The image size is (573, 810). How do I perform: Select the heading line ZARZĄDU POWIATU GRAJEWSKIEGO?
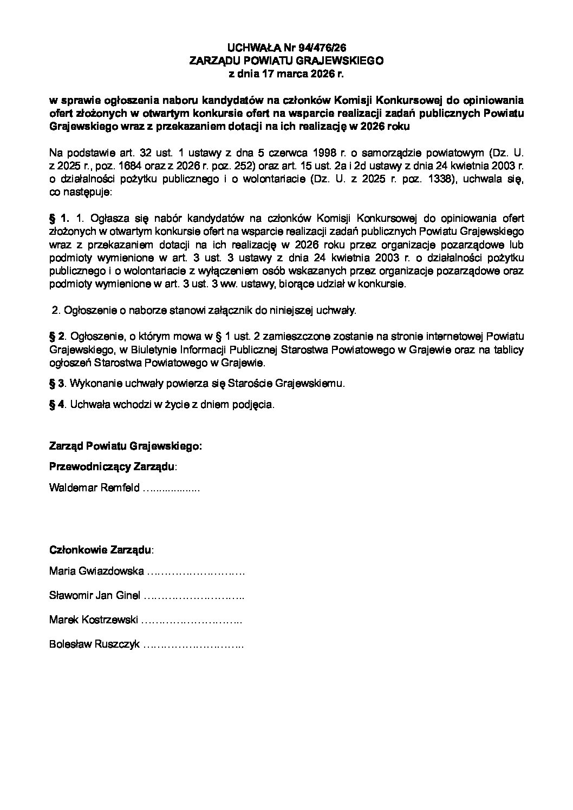point(286,61)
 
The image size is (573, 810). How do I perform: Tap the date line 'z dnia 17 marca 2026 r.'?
point(286,74)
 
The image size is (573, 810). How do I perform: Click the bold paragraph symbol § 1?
point(59,219)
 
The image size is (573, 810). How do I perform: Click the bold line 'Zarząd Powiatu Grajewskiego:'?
point(125,447)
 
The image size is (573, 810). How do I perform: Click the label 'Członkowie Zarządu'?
point(101,550)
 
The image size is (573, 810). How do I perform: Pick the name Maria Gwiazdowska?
point(96,571)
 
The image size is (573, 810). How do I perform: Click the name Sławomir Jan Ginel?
point(95,596)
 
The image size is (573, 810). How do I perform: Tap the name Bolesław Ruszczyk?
point(94,644)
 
